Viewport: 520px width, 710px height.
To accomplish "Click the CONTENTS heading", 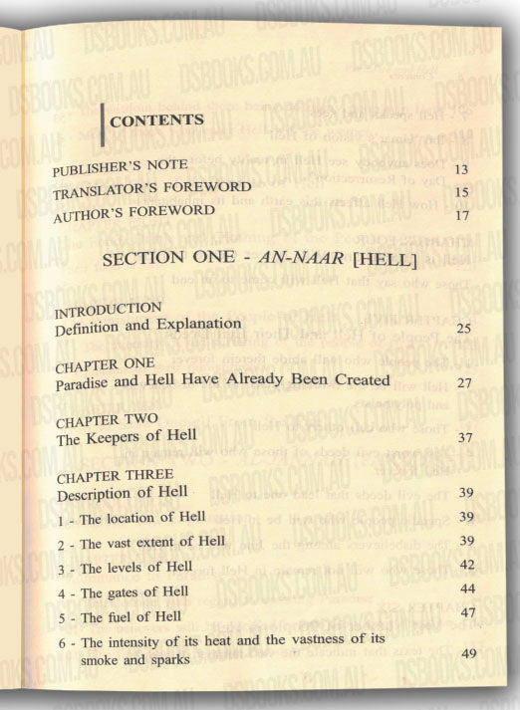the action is click(x=157, y=120).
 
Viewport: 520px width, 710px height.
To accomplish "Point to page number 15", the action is click(x=460, y=192).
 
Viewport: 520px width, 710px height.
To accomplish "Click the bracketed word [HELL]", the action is click(x=380, y=262).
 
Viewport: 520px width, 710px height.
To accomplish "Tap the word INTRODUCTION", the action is click(x=109, y=308).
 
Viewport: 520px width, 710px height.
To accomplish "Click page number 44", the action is click(x=465, y=589).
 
